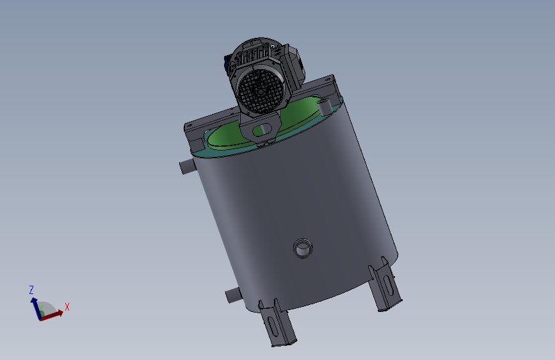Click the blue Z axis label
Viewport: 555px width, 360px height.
coord(31,290)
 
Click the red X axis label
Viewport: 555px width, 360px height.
coord(67,307)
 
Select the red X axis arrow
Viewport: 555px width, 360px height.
coord(52,315)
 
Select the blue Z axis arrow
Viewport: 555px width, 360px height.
coord(36,308)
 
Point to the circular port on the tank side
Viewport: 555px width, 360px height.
coord(303,248)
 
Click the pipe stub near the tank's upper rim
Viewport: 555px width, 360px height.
coord(188,166)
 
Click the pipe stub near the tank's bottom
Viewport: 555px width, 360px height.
coord(233,295)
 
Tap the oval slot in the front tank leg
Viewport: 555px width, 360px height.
coord(273,327)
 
